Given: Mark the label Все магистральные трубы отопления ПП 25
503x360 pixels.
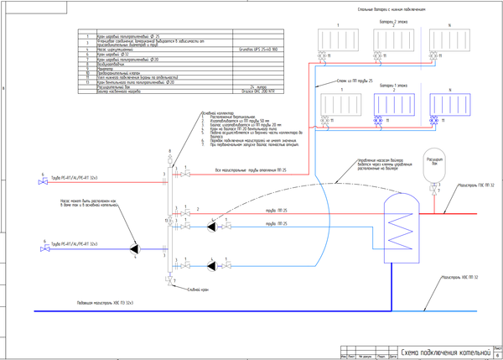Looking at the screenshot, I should (x=251, y=171).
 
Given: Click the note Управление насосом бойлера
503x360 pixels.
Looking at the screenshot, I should (x=369, y=162).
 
